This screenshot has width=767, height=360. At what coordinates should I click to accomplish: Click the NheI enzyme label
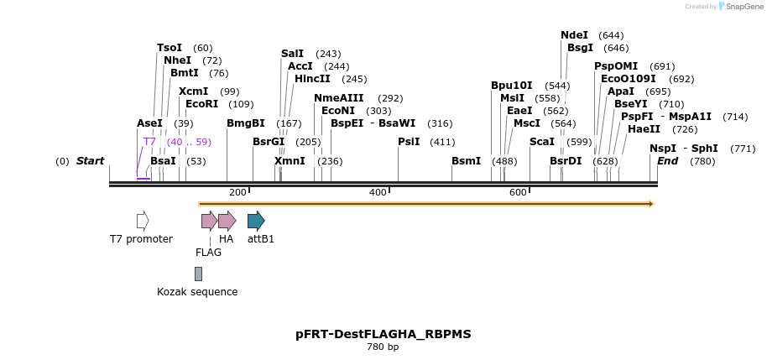177,60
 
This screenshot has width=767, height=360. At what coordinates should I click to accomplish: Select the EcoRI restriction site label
201,104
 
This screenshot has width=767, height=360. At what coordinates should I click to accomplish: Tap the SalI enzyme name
292,54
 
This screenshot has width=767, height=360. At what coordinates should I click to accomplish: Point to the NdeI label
574,35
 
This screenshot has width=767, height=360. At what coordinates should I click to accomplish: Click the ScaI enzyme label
542,142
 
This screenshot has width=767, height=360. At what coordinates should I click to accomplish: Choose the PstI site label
409,142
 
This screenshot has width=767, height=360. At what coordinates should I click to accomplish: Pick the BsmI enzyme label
466,160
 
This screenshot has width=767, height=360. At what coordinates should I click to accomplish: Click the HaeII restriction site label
644,129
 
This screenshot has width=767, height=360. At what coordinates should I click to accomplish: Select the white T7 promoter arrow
143,221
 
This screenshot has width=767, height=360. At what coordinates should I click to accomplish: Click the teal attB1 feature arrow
256,221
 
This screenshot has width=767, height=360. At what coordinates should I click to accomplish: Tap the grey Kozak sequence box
198,274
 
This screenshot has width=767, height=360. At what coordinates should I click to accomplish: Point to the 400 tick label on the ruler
378,192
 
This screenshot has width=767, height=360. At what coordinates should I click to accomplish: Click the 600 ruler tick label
518,192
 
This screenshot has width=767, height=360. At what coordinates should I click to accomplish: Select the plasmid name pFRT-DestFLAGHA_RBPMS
383,334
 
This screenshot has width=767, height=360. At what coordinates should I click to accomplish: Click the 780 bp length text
383,347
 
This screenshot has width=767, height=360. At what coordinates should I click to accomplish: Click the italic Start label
90,160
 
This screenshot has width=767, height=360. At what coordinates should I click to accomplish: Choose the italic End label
667,160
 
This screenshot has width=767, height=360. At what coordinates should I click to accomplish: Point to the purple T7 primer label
149,142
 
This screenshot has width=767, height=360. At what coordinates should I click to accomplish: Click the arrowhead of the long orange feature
650,203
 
